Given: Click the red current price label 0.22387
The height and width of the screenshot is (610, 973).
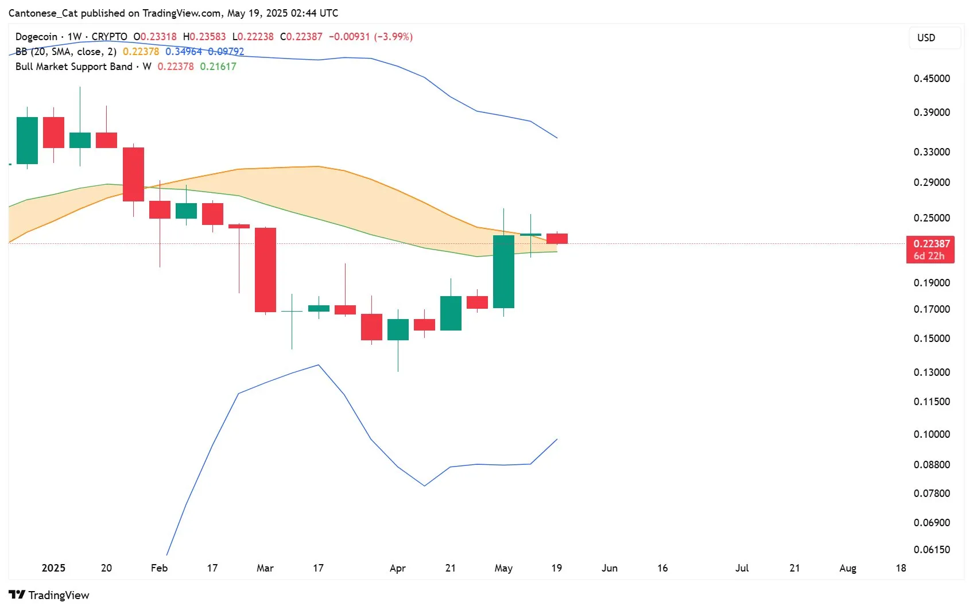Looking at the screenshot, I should pos(931,244).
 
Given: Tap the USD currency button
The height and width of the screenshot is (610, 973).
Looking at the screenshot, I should pos(926,38).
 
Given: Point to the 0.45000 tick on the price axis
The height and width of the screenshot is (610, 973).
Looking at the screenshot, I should pos(931,79).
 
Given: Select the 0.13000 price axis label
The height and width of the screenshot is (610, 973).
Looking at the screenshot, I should pos(931,372).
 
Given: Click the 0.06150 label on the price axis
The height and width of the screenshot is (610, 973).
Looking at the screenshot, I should pos(931,550).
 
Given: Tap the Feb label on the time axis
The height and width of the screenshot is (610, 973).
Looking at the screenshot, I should pos(159,568).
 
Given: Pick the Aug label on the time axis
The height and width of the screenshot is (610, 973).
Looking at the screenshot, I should pos(847,568).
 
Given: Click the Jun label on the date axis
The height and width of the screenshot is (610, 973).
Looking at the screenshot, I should pos(609,568).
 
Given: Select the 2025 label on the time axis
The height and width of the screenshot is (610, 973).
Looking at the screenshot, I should pos(53,568).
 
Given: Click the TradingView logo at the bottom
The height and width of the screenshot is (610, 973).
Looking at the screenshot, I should pos(49,595).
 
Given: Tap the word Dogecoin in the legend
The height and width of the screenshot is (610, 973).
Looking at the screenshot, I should pos(36,37).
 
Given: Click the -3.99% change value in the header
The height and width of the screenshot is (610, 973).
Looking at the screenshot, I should pos(393,37).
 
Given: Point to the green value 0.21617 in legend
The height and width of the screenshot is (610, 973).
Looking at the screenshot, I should pos(218,67).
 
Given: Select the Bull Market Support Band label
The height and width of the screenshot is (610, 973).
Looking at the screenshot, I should pos(73,67).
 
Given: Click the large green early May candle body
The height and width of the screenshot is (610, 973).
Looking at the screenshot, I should pos(503,271).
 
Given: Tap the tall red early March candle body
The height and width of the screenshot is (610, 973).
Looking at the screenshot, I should pos(265,270).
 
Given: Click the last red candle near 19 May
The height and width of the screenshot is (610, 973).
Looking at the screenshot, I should pos(557,239).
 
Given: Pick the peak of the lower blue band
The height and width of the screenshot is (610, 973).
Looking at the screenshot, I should pos(319,365).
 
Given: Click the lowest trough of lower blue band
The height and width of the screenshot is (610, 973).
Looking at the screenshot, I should pos(424,485).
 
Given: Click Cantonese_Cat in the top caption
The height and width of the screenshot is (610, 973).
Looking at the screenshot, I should pos(43,13).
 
